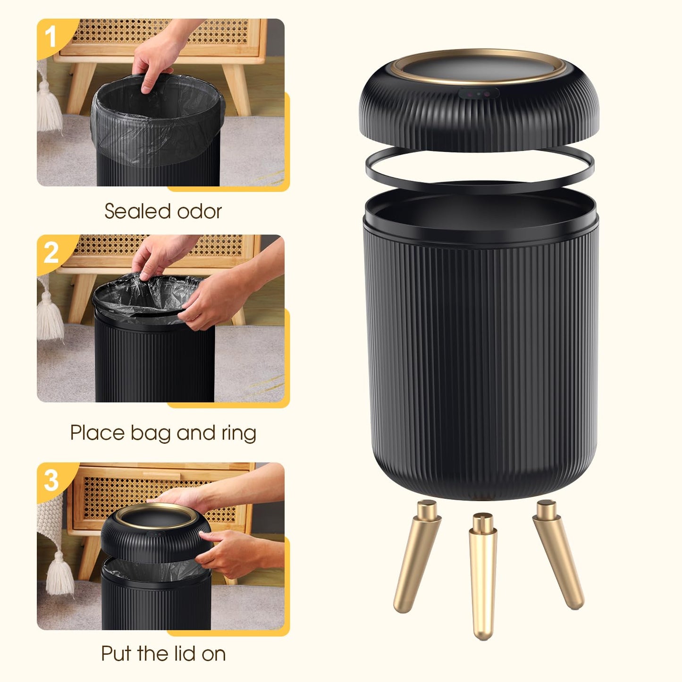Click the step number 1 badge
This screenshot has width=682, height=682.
51,37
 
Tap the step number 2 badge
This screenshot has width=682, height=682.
51,253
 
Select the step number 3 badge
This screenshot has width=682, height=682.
51,481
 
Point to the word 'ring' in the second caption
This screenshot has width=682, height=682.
238,433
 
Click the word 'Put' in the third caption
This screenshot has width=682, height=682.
117,654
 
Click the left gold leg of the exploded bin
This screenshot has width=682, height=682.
415,557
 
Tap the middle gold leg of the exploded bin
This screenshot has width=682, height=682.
482,576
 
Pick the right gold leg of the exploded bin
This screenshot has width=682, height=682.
558,555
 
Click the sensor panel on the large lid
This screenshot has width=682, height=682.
479,93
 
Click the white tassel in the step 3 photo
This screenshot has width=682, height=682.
59,573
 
